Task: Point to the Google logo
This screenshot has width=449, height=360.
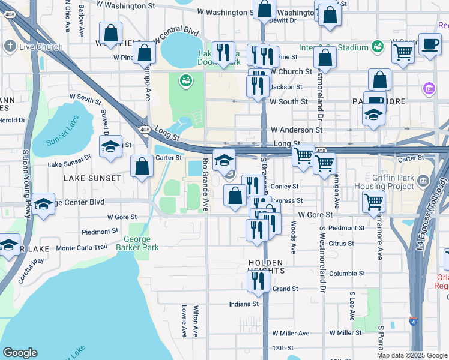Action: (20, 353)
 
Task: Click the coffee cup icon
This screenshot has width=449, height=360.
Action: (430, 44)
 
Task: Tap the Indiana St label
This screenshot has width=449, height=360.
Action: (243, 304)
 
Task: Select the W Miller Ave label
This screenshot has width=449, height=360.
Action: (291, 333)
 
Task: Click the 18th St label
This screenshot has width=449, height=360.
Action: (282, 348)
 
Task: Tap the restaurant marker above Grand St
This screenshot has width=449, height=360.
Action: (258, 282)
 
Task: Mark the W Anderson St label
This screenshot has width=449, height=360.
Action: (296, 130)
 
